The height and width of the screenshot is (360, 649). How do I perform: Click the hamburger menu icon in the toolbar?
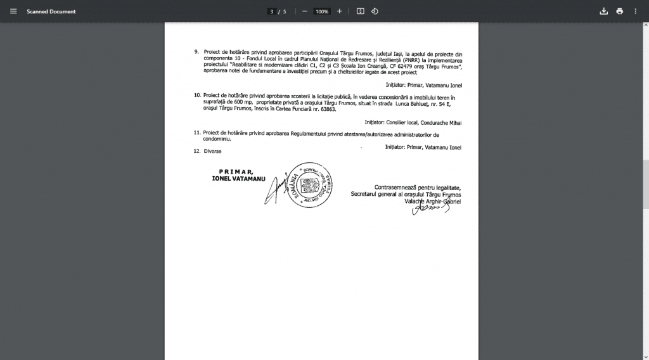point(13,11)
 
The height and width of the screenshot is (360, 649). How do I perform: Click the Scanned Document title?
point(51,11)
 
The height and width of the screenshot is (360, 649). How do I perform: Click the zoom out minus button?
point(305,11)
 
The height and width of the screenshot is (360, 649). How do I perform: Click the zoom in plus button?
point(340,11)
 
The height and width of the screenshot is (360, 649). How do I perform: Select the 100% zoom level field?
point(322,11)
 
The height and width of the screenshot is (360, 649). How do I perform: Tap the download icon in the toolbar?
point(603,11)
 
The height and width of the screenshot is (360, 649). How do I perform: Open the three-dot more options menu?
point(636,11)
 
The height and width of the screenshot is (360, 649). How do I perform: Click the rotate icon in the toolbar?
point(375,11)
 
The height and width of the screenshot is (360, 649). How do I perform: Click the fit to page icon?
point(360,11)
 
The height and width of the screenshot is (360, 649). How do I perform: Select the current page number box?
point(271,11)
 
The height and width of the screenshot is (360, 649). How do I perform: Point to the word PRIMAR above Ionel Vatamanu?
point(236,172)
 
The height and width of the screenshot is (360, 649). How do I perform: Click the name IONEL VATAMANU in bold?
point(239,179)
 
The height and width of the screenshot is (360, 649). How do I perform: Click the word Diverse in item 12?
point(213,151)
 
